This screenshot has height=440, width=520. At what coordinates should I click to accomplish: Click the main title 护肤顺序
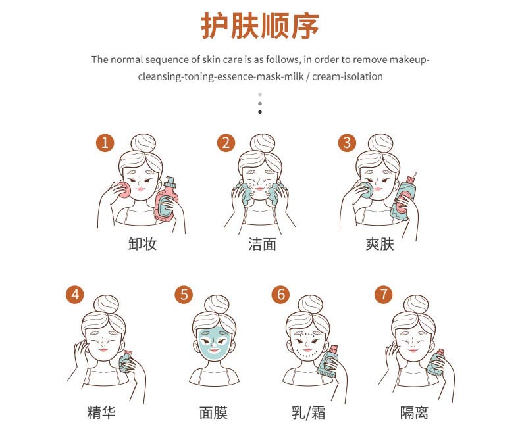(260, 26)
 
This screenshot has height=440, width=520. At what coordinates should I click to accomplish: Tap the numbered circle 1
(105, 143)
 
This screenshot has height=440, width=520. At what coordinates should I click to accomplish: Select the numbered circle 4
(76, 294)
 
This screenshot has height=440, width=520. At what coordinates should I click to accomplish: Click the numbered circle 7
(383, 294)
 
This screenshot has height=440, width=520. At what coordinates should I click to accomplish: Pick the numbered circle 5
(184, 294)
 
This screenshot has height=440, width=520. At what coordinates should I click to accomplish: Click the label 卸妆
(143, 245)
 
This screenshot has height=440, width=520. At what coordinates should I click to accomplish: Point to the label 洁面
(261, 245)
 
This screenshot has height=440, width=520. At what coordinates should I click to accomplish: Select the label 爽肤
(380, 245)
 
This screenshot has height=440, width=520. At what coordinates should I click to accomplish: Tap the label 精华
(101, 413)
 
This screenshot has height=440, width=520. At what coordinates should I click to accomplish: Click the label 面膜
(213, 413)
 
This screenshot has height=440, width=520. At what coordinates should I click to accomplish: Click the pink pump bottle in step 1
(168, 201)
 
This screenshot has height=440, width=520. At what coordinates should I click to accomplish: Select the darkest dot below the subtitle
(260, 112)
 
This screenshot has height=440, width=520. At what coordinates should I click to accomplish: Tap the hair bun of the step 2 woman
(261, 143)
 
